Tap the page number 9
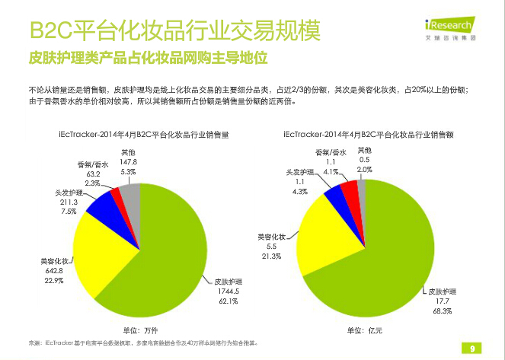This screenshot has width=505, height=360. [472, 349]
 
